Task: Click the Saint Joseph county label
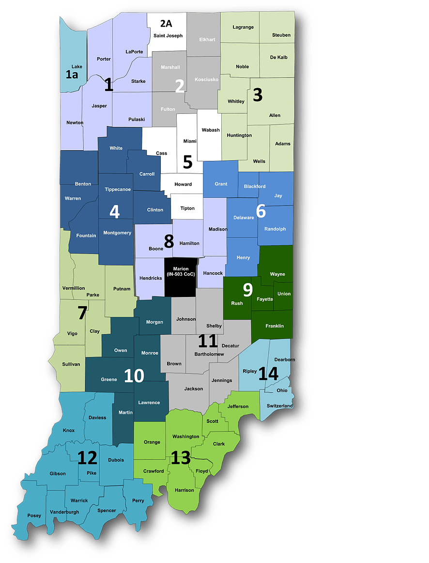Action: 168,36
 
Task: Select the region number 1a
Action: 72,74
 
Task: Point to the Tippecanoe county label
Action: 118,189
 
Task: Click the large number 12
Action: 88,458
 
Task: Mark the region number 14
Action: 269,374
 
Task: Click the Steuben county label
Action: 281,35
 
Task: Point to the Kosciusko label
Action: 207,79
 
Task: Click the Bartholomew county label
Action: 209,354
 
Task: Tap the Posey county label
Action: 34,516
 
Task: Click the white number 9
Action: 247,290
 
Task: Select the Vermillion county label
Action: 74,288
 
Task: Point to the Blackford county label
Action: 255,187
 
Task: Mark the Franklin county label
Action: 275,326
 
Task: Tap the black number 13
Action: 180,458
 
